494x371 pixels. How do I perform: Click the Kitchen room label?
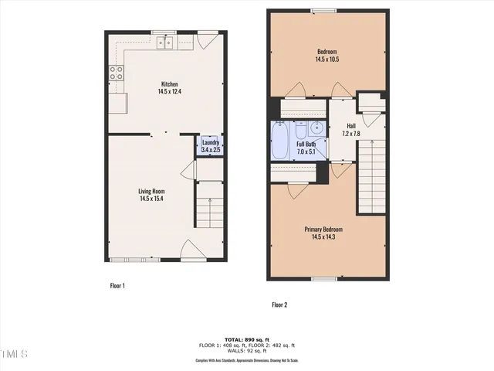(169, 84)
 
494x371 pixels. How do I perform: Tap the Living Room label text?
(151, 191)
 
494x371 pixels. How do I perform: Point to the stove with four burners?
(117, 73)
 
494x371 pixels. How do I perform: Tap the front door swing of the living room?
(192, 251)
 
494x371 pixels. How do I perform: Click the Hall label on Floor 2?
(351, 126)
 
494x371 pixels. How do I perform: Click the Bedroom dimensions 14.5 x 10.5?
(327, 59)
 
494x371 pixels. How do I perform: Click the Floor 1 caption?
(117, 285)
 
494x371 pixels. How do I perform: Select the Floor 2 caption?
(279, 305)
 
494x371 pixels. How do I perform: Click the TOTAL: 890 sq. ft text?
(247, 340)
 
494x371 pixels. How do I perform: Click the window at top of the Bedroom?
(324, 11)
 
